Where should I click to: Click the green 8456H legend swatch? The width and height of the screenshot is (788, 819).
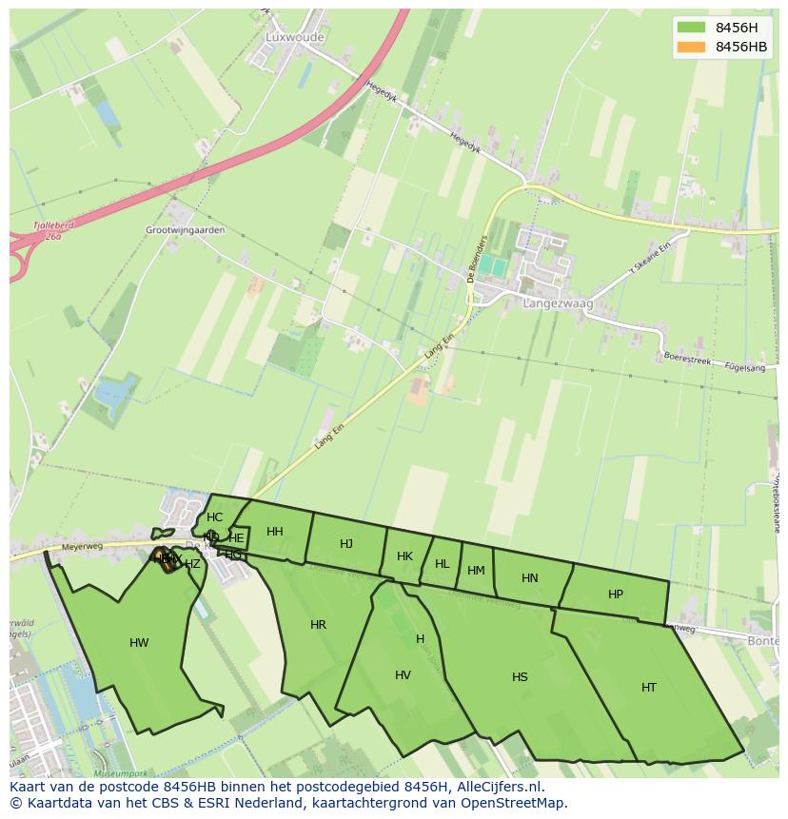point(691,27)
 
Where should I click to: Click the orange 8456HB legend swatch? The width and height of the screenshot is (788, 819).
point(691,47)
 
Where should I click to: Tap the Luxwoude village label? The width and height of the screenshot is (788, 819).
point(294,37)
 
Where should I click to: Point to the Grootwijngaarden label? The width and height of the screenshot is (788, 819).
point(186,230)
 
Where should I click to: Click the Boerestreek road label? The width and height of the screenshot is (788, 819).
point(687,360)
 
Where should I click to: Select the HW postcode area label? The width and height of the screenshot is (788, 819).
point(139,643)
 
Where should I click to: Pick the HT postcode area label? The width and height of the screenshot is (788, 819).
point(649,687)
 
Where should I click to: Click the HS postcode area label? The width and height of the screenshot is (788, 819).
point(520,677)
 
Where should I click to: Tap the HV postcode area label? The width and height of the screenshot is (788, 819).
point(403,675)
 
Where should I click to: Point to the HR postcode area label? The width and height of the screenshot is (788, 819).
point(318,625)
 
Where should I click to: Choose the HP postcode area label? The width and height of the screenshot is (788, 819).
point(616,595)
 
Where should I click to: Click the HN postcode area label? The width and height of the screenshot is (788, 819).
point(530,577)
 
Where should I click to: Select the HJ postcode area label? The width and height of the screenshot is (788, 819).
point(346,543)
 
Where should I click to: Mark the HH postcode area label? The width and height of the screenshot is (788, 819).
point(275,532)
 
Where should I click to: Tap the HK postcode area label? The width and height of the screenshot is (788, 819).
point(404,556)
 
